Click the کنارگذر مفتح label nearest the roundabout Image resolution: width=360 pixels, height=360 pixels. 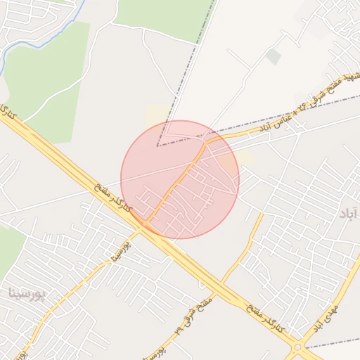tap(266, 320)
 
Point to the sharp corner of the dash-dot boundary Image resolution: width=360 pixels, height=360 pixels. tap(157, 146)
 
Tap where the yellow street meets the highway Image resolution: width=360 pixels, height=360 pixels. tap(144, 224)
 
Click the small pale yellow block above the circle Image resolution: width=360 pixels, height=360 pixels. tap(157, 115)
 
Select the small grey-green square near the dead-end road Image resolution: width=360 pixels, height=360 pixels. tap(273, 56)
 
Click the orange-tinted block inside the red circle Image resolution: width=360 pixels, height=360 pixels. tap(226, 165)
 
